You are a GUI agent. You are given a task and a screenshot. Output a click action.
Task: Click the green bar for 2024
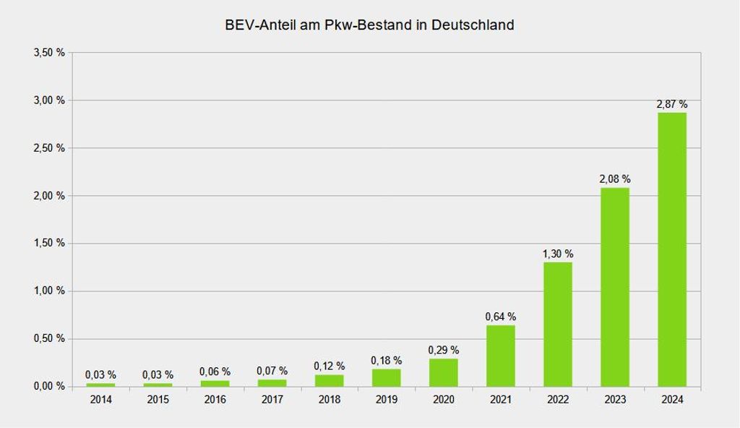point(672,249)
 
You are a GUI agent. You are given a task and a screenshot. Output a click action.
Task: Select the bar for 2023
point(615,287)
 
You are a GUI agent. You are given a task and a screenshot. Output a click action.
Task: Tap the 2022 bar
point(558,325)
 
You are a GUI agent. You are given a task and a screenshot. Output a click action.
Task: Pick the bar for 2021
point(501,356)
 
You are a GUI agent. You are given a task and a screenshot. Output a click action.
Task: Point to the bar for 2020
point(444,373)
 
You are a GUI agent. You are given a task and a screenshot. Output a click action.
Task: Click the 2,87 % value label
point(672,104)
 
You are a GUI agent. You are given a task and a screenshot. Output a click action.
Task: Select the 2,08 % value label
point(615,179)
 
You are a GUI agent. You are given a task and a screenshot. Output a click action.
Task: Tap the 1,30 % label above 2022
point(558,254)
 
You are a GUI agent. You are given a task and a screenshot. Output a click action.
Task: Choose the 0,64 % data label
point(501,317)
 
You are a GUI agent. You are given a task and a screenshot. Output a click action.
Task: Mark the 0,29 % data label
point(444,350)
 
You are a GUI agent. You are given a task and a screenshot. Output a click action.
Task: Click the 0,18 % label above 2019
point(387,361)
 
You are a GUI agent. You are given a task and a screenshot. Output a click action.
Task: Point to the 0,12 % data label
point(330,366)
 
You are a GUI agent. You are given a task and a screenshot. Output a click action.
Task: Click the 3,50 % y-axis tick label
point(49,53)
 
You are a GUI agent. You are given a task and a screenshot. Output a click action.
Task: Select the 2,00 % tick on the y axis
point(49,196)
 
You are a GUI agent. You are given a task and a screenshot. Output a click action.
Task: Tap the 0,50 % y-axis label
point(49,339)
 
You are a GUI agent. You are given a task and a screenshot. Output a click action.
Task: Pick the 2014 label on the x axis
point(101,400)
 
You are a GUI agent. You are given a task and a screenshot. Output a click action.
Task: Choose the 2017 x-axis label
point(272,400)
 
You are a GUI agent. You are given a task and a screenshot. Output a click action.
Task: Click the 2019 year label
point(387,400)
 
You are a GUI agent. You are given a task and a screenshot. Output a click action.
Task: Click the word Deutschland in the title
point(473,25)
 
